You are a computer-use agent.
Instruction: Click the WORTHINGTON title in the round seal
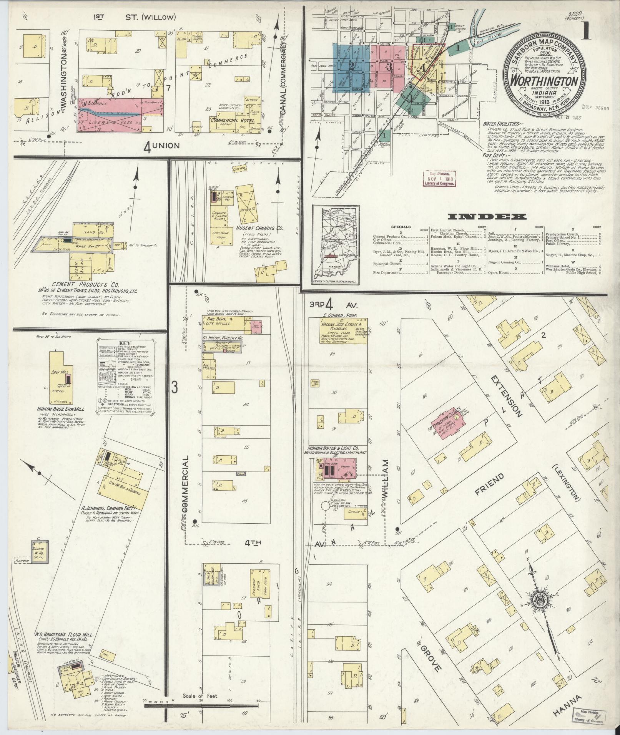[x=544, y=81]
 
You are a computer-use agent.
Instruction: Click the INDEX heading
[x=487, y=217]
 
